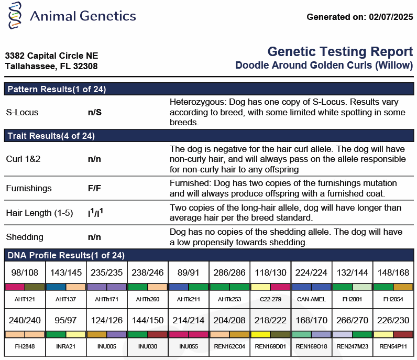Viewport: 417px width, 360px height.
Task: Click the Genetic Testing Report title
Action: coord(340,52)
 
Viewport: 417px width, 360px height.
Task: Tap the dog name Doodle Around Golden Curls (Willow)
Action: coord(324,66)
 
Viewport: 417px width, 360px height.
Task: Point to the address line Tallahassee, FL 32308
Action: coord(51,67)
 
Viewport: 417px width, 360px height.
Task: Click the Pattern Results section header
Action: coord(57,89)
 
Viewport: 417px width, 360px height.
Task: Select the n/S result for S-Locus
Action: coord(95,112)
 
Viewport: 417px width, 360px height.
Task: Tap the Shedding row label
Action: coord(24,237)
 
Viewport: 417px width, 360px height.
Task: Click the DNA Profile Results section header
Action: coord(66,255)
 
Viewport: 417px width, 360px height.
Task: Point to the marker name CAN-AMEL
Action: coord(311,299)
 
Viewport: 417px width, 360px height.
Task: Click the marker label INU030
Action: coord(148,346)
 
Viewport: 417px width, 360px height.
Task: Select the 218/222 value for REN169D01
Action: coord(270,320)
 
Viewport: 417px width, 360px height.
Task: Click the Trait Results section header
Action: coord(51,136)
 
